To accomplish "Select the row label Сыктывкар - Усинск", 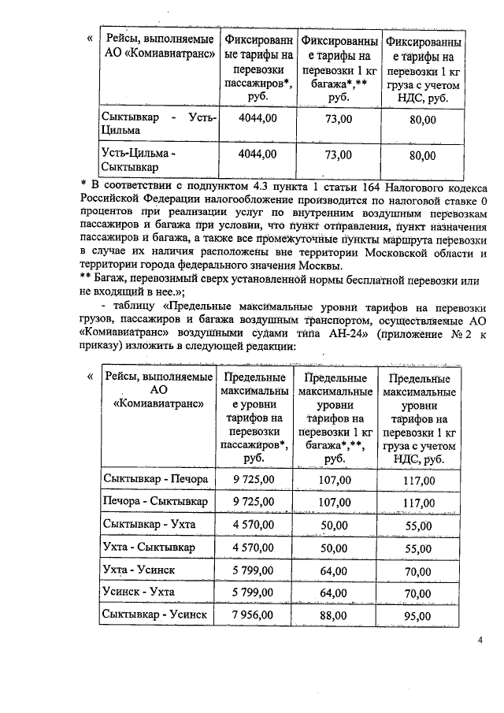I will click(x=155, y=615).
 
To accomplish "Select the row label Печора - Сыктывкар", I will click(x=155, y=501).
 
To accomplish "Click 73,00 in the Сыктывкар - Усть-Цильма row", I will click(x=338, y=119).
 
